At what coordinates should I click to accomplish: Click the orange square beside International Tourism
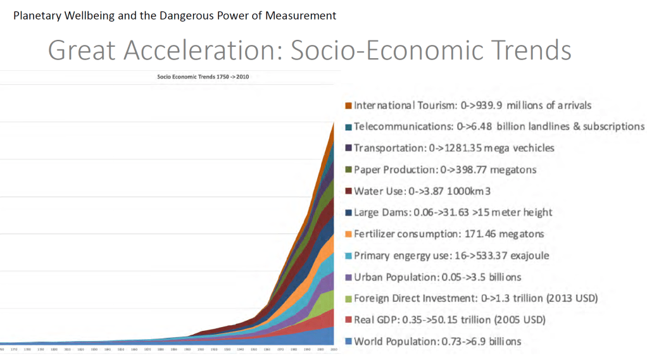tap(348, 106)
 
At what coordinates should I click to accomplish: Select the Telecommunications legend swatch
tap(348, 127)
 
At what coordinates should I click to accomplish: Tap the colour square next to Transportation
tap(348, 149)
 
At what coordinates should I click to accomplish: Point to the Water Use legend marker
tap(348, 192)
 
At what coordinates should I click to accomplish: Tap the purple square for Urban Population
tap(348, 278)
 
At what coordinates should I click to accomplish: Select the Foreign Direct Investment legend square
tap(348, 299)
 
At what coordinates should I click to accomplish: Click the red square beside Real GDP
tap(348, 321)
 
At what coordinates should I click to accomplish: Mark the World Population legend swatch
tap(348, 342)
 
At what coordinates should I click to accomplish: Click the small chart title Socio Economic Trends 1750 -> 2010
tap(203, 77)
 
